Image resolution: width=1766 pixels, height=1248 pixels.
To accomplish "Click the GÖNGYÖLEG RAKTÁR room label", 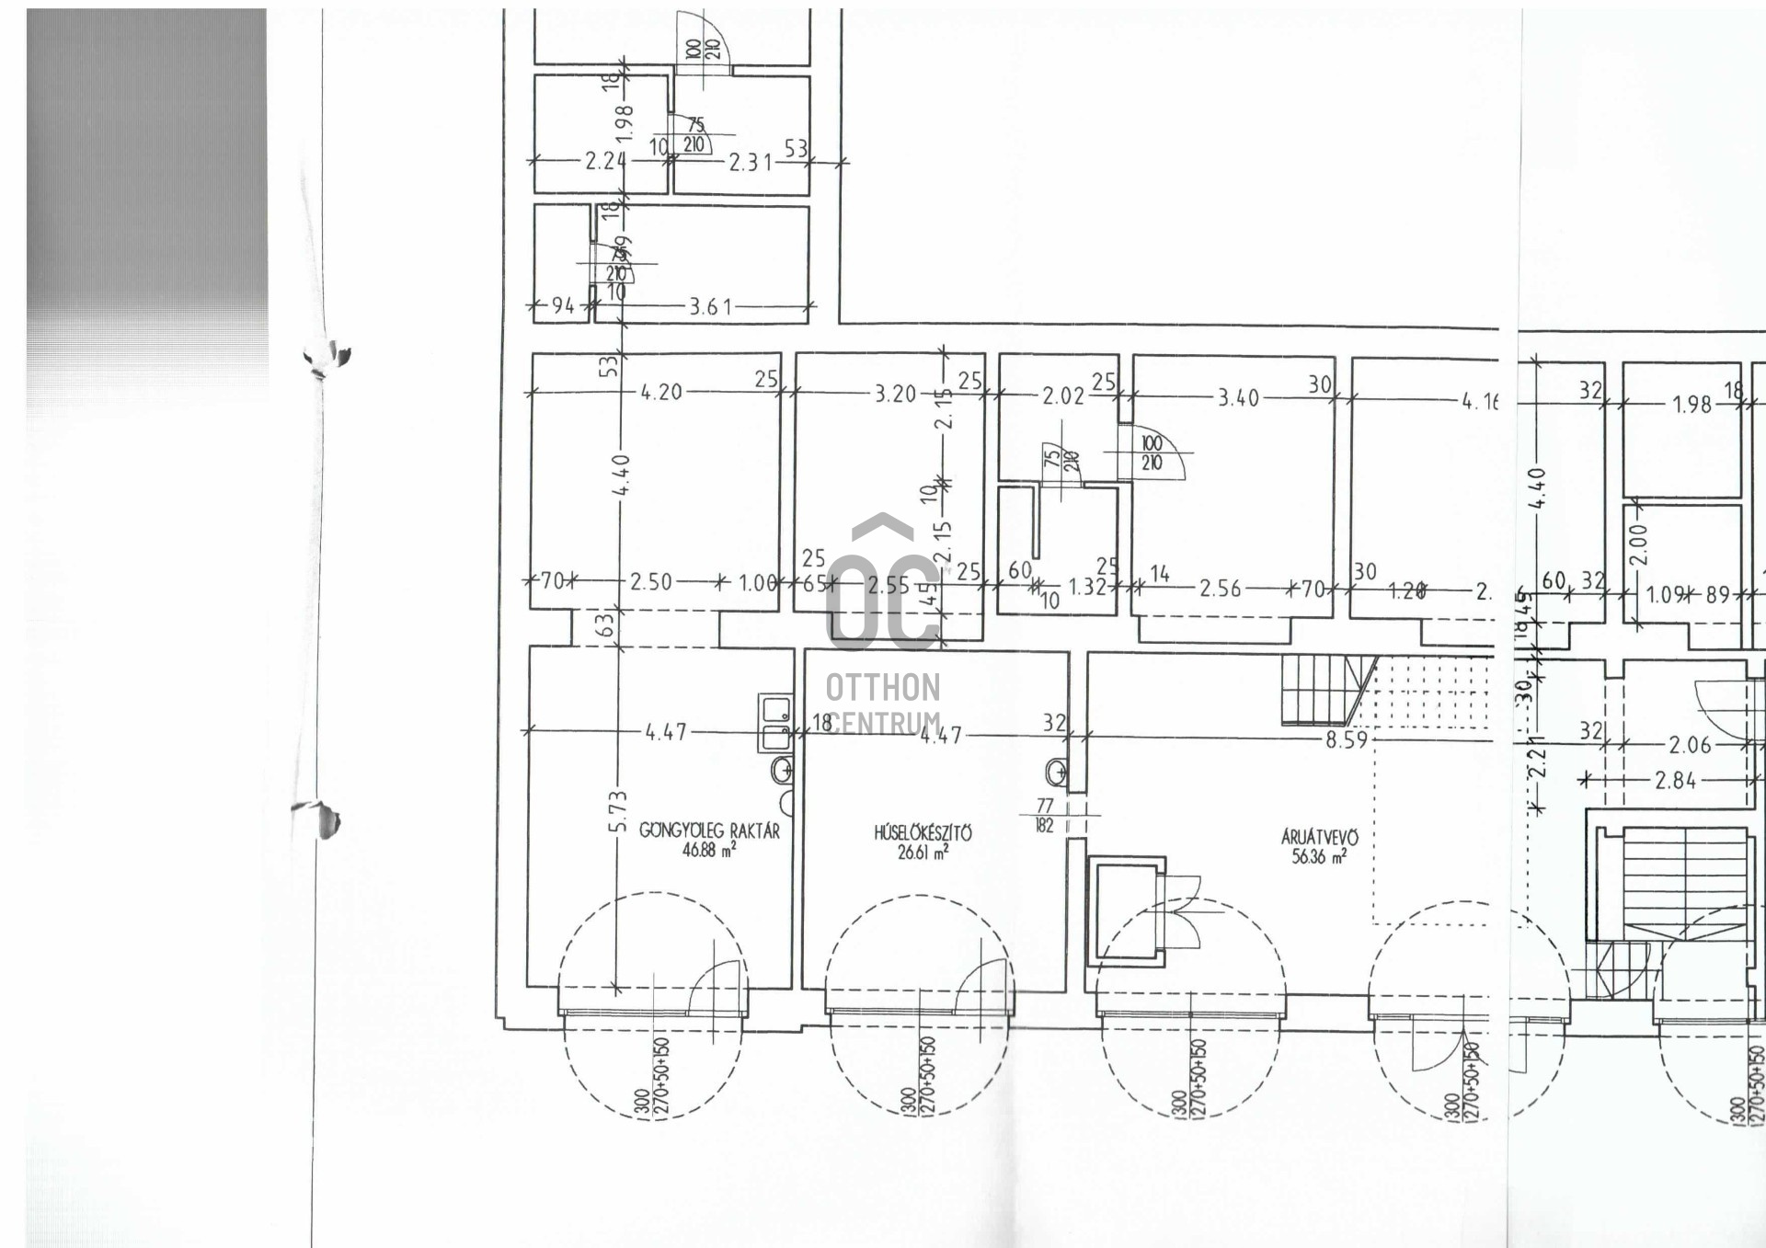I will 709,830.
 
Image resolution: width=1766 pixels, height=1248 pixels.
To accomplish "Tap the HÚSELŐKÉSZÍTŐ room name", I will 923,833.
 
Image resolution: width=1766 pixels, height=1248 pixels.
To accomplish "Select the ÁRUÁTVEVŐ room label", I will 1320,837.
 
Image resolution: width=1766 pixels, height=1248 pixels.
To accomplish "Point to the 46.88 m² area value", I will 709,851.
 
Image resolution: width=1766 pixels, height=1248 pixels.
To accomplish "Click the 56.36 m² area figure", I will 1320,857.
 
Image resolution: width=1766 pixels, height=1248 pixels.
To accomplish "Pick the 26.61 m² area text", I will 923,853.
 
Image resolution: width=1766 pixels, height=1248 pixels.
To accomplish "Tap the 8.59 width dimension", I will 1347,739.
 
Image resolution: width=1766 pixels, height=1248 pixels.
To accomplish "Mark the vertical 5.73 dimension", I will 617,812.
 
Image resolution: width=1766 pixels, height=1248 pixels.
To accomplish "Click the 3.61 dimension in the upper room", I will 710,306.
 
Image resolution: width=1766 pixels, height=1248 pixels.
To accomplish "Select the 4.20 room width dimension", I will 661,392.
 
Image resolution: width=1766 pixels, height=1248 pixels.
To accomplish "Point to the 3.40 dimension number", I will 1238,398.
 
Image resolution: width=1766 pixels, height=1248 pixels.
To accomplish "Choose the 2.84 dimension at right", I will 1675,781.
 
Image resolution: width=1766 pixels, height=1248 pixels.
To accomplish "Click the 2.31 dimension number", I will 750,162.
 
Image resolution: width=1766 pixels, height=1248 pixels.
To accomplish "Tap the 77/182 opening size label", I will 1045,816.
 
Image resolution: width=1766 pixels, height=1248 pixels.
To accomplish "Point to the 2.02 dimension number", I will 1063,396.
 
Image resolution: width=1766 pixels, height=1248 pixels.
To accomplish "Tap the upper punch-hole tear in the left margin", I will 327,357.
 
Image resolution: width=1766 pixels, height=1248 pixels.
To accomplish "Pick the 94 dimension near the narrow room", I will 563,305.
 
